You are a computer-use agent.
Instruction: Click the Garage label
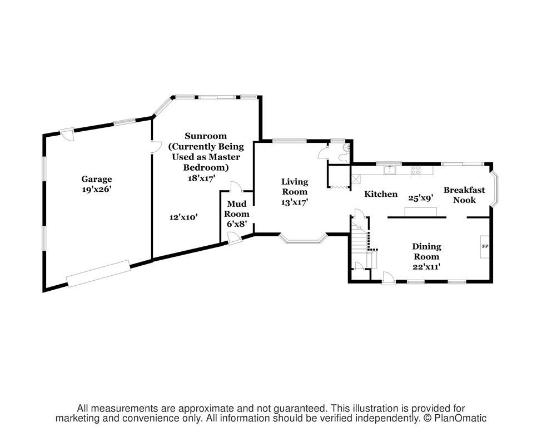96,179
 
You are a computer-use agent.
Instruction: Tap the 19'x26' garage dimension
96,189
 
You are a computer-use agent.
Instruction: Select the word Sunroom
206,136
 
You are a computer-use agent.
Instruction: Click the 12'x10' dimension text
183,217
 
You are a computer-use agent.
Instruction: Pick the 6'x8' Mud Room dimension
236,224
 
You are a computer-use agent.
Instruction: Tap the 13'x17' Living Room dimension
295,202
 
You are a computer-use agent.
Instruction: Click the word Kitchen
381,194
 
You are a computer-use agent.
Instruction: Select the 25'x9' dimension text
421,198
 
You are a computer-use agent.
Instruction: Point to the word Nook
464,200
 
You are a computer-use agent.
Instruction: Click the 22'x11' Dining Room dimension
426,266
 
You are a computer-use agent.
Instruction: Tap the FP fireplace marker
485,246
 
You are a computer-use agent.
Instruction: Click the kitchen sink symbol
390,170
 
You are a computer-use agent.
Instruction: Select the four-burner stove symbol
415,170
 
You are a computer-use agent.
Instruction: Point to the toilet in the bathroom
344,158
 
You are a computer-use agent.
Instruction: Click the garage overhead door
98,273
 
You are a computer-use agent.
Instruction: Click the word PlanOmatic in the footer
460,418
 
